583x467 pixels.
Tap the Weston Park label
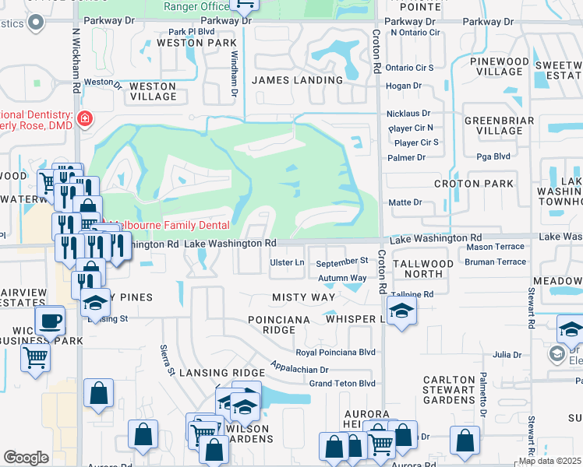pos(196,43)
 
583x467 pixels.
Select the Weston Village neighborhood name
pos(153,91)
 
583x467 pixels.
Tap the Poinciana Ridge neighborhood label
pos(279,325)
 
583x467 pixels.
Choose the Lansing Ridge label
pos(218,374)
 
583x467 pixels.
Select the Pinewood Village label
pos(499,66)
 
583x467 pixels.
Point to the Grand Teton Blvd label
pos(342,383)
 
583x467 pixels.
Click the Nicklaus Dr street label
pos(409,114)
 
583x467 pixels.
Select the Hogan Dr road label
pos(404,86)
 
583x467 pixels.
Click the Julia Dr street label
pos(507,355)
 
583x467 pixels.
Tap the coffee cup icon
pos(50,320)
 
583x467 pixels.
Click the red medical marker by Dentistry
pos(84,119)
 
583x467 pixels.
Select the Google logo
pos(26,458)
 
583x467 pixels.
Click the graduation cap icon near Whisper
pos(401,311)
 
